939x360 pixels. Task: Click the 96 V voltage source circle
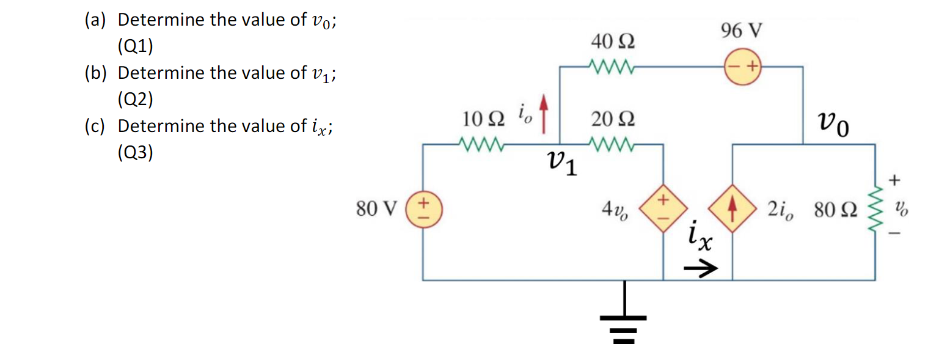(x=742, y=65)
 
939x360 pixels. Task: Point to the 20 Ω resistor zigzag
(x=613, y=145)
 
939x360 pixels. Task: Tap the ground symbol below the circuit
(x=624, y=321)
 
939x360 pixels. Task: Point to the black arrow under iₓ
(x=700, y=268)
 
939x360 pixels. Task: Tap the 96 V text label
(x=741, y=30)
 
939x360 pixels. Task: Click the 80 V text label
(x=376, y=210)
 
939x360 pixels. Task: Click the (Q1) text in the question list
(x=136, y=46)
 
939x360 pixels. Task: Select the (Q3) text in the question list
(x=136, y=152)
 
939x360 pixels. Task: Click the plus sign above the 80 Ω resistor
(x=895, y=180)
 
